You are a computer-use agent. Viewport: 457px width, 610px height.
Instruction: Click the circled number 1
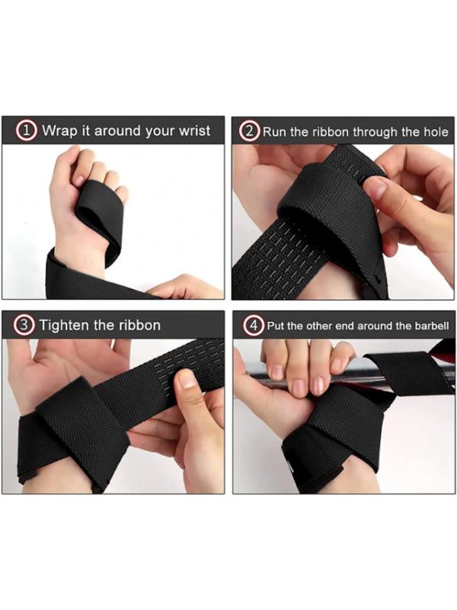26,130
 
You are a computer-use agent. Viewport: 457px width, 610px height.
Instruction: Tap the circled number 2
249,131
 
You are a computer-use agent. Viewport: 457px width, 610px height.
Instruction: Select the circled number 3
24,326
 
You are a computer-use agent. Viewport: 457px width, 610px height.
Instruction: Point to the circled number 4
254,326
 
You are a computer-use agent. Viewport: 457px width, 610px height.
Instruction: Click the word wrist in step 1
194,130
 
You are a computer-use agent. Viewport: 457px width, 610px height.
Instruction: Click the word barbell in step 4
432,326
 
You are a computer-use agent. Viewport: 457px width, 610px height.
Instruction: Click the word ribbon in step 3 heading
140,326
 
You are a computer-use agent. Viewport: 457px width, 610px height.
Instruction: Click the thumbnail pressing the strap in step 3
187,379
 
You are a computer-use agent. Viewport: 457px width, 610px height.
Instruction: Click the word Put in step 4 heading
276,326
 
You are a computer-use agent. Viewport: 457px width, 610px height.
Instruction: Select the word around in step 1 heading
118,131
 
